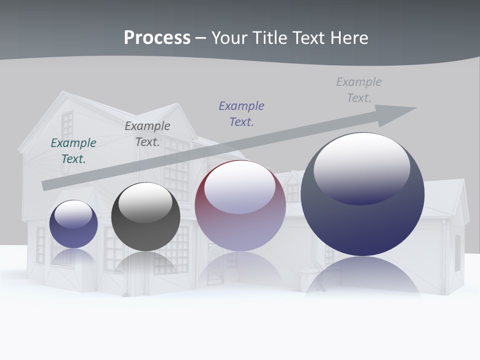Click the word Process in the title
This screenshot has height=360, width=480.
coord(157,38)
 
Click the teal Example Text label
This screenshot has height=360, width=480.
coord(73,150)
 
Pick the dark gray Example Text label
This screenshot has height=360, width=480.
coord(147,133)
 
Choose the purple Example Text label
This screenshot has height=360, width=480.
coord(241,113)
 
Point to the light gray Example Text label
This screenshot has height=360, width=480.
coord(359,89)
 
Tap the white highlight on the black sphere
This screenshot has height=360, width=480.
coord(145,202)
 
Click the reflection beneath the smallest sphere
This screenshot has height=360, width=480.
coord(73,257)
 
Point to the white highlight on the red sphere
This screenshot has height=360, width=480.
coord(240,187)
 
